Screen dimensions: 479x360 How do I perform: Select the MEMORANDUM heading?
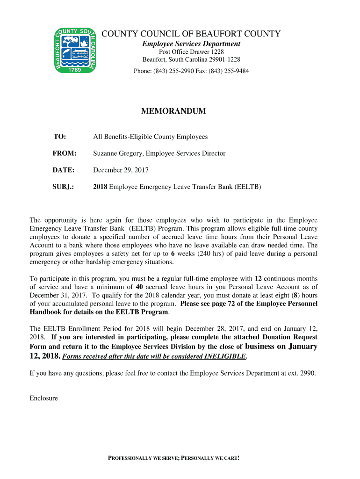tap(173, 111)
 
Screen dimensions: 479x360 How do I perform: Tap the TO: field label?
tap(59, 137)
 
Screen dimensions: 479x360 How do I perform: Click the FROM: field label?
tap(64, 153)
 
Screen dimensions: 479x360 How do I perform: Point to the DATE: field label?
tap(63, 170)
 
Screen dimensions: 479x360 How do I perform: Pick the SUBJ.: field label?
tap(64, 187)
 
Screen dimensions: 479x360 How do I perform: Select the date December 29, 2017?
tap(121, 170)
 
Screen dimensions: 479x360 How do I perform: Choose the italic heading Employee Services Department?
tap(191, 44)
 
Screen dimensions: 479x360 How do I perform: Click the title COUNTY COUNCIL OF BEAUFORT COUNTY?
tap(191, 34)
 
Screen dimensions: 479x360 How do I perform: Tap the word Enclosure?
tap(44, 398)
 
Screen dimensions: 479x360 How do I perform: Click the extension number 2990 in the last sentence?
tap(307, 373)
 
